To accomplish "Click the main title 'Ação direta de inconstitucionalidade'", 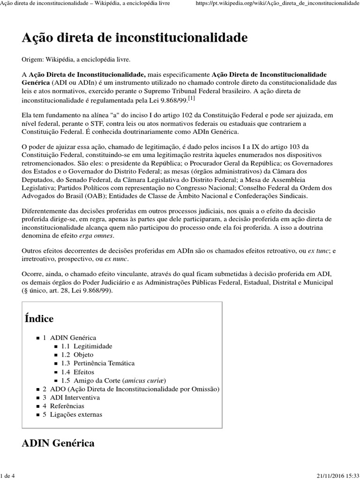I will (135, 38).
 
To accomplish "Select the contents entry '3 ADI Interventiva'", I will (71, 397).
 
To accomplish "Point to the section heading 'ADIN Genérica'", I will (58, 443).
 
